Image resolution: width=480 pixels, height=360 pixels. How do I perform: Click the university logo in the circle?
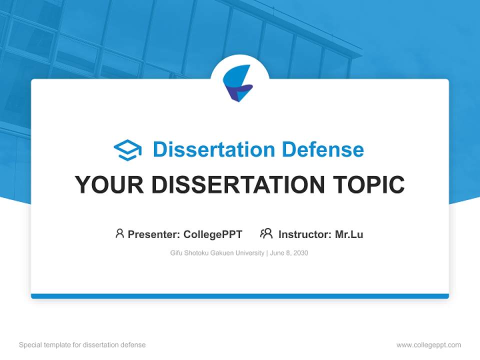pyautogui.click(x=239, y=83)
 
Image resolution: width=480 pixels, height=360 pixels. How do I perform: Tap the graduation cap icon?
pyautogui.click(x=127, y=150)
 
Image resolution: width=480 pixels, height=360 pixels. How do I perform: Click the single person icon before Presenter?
pyautogui.click(x=119, y=233)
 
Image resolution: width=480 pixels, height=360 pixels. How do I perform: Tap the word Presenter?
pyautogui.click(x=153, y=234)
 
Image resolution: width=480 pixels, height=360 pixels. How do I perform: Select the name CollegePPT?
pyautogui.click(x=212, y=234)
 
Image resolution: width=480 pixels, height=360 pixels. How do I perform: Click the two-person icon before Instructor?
pyautogui.click(x=266, y=233)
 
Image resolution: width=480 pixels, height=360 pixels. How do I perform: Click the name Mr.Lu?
pyautogui.click(x=349, y=234)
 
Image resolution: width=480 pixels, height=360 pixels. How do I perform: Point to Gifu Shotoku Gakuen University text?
pyautogui.click(x=217, y=253)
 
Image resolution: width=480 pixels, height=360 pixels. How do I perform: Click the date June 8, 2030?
pyautogui.click(x=289, y=253)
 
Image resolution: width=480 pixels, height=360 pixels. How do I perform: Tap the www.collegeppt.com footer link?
pyautogui.click(x=428, y=345)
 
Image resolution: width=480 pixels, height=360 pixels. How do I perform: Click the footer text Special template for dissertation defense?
pyautogui.click(x=82, y=345)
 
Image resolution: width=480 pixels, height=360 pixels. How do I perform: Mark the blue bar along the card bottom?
pyautogui.click(x=239, y=296)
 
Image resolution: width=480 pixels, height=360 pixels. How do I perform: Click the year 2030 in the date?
pyautogui.click(x=301, y=253)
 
